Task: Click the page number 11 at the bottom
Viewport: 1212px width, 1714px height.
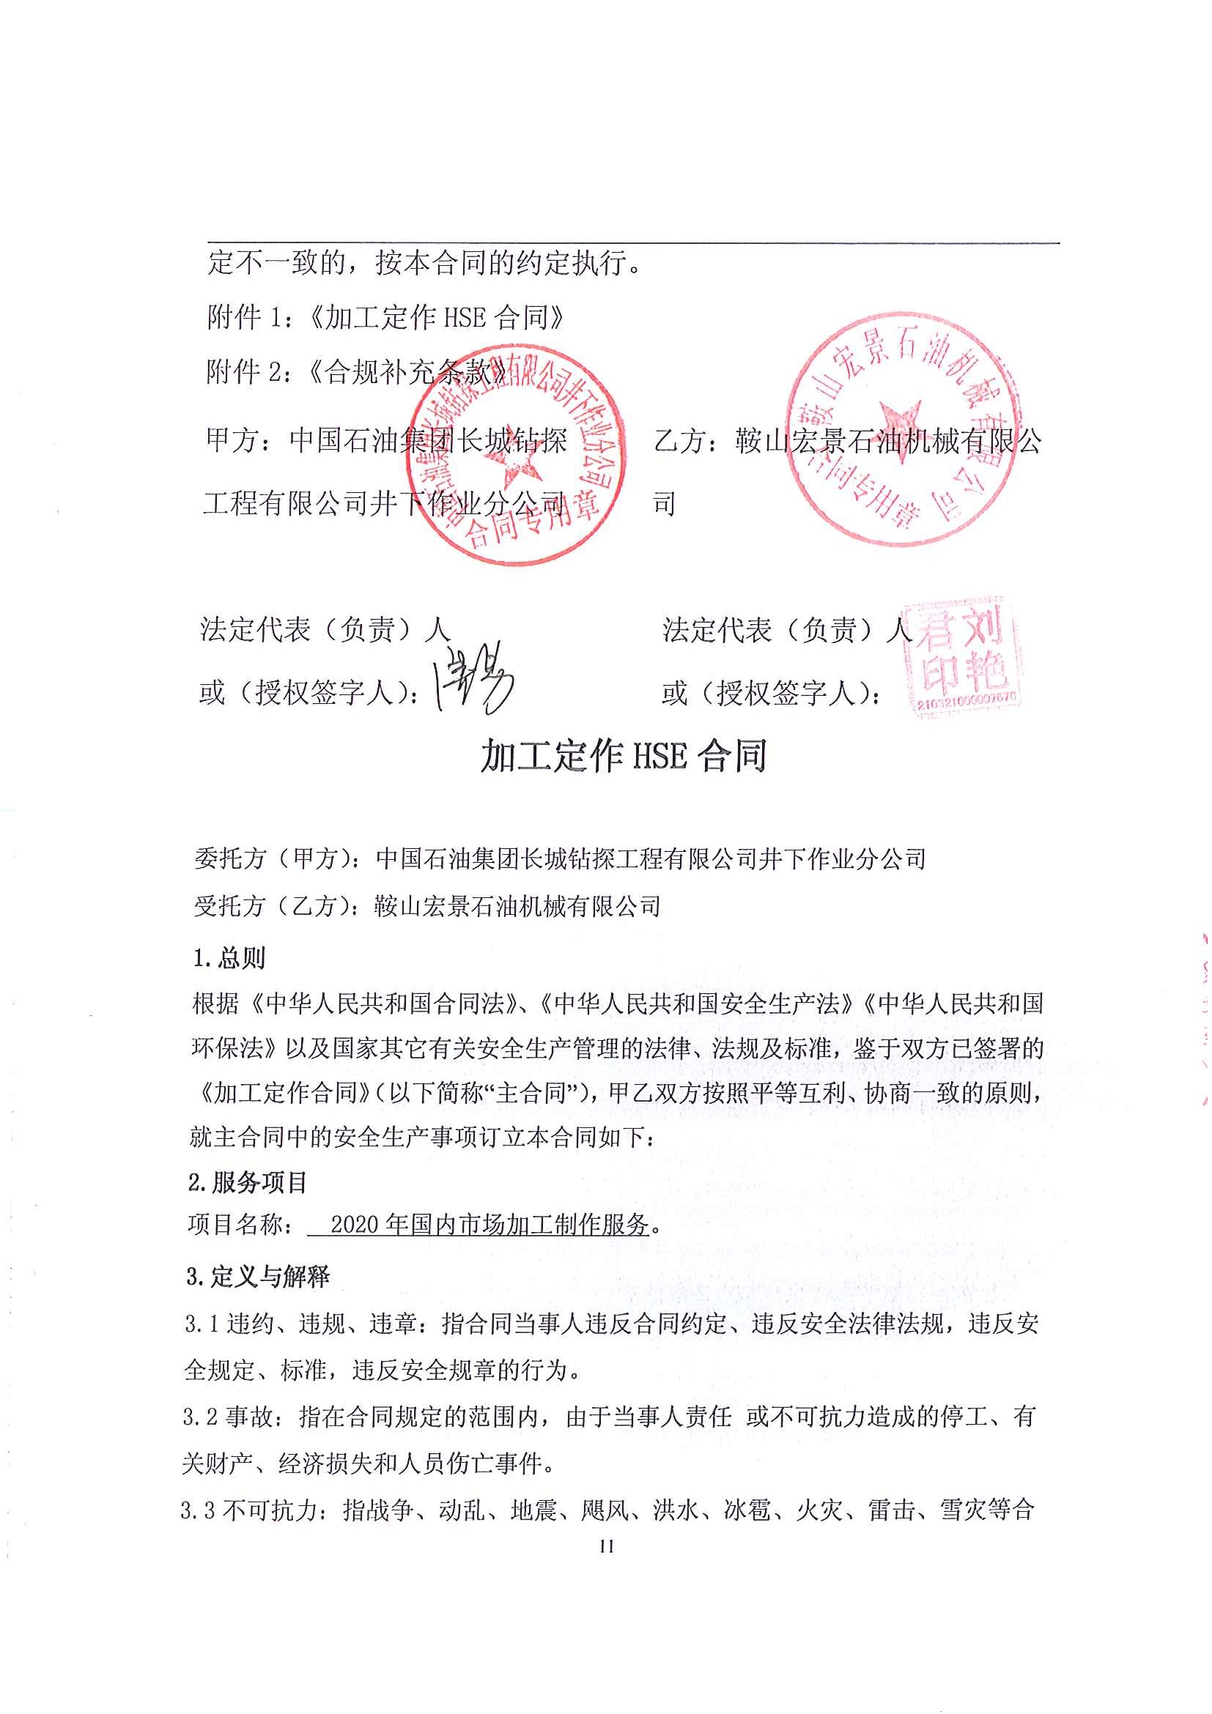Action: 605,1546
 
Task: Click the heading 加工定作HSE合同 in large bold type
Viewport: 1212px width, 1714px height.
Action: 624,756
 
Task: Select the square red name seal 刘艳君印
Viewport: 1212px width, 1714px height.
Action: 962,657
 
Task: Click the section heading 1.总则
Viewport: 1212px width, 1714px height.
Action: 229,958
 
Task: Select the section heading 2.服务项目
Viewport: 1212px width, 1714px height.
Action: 247,1182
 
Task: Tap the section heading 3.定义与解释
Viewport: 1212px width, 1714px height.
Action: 258,1277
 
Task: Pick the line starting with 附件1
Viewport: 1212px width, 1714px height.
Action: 385,318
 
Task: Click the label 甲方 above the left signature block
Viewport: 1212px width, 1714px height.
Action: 232,440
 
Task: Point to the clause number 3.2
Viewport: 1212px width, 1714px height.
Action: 200,1417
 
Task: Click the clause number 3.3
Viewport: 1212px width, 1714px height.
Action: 198,1511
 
